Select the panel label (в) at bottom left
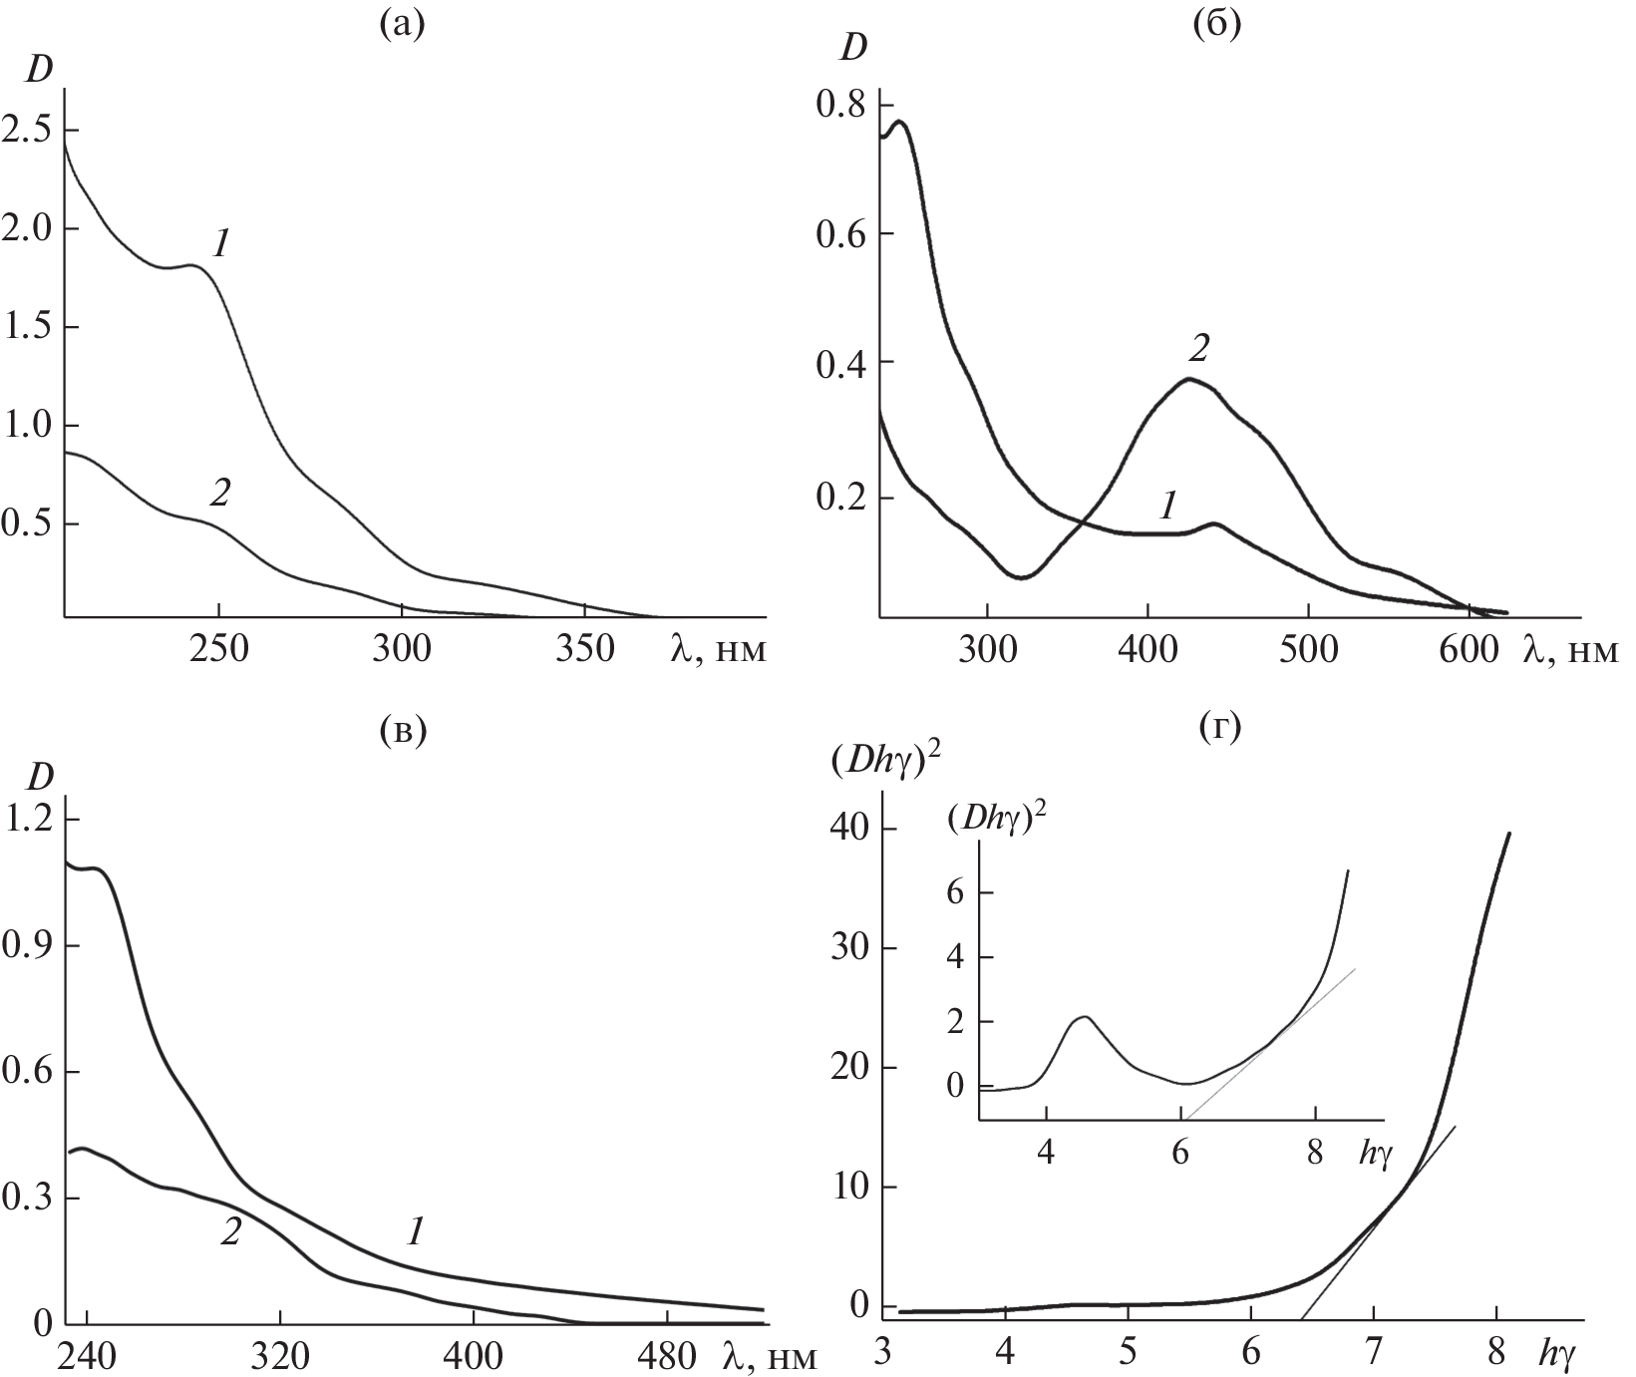pos(402,731)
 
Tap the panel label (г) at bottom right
pos(1216,731)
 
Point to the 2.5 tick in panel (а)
pos(26,131)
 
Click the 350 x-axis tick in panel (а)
pos(585,648)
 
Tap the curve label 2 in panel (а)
pos(219,492)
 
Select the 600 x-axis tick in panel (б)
pos(1469,648)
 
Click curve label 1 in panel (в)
pos(415,1232)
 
